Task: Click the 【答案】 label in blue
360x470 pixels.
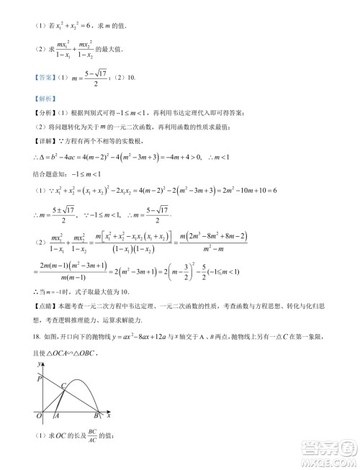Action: click(33, 78)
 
